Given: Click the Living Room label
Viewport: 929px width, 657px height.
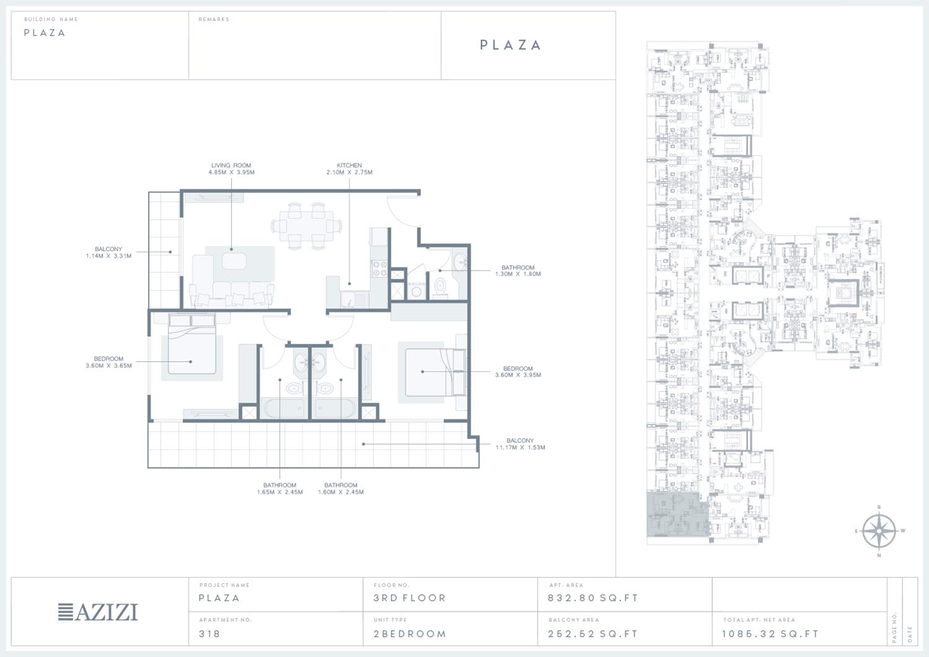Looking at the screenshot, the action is [232, 165].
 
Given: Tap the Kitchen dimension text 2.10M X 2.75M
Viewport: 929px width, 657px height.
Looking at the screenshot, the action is [349, 173].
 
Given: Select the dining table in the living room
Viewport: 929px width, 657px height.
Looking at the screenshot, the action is [307, 226].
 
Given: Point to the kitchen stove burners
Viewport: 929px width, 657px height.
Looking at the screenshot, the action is [379, 268].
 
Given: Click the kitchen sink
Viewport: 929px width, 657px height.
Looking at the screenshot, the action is [354, 298].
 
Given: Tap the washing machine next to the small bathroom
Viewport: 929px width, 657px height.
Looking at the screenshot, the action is [416, 290].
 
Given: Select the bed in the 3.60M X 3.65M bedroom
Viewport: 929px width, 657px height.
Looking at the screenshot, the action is [191, 344].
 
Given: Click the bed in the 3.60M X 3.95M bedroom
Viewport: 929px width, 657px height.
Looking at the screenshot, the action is [435, 373].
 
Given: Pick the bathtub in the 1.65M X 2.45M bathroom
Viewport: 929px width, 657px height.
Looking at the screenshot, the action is [284, 409].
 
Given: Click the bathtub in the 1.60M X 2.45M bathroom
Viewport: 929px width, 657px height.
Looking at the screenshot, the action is [335, 409].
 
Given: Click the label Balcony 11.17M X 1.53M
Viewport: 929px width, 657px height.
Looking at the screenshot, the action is [520, 444].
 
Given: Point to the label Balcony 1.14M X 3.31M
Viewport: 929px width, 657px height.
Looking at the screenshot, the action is [108, 252].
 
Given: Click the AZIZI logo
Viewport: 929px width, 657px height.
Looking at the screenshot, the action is [98, 612].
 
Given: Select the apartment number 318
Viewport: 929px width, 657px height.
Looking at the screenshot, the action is [209, 633].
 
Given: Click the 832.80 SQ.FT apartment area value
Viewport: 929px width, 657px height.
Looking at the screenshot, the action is [593, 598].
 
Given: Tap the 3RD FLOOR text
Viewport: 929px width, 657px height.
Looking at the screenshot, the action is [409, 598].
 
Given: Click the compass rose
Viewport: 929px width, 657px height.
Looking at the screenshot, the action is [879, 531].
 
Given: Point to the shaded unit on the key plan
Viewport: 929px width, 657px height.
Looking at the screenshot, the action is [678, 515].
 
